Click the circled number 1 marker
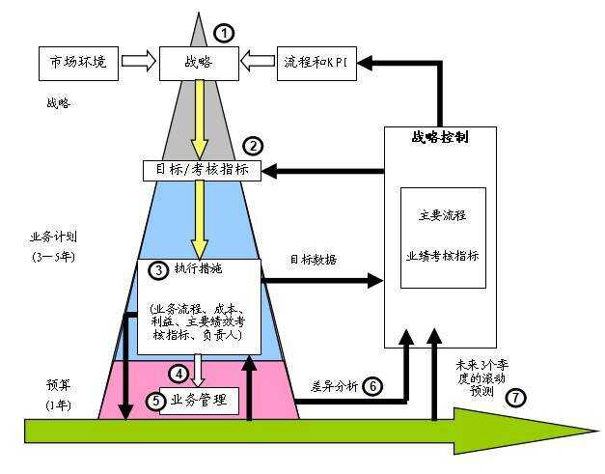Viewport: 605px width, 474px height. click(x=224, y=33)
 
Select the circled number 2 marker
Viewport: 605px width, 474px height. click(x=252, y=147)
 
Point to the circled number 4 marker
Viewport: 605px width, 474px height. click(x=177, y=374)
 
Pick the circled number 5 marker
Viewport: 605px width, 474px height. click(x=155, y=399)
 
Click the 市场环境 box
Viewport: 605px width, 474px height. click(x=79, y=62)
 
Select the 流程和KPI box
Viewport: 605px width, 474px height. click(x=315, y=62)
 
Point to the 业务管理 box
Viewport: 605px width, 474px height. click(x=204, y=400)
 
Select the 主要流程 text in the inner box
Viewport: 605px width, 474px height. click(x=443, y=216)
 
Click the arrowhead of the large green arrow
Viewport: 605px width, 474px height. click(x=569, y=430)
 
